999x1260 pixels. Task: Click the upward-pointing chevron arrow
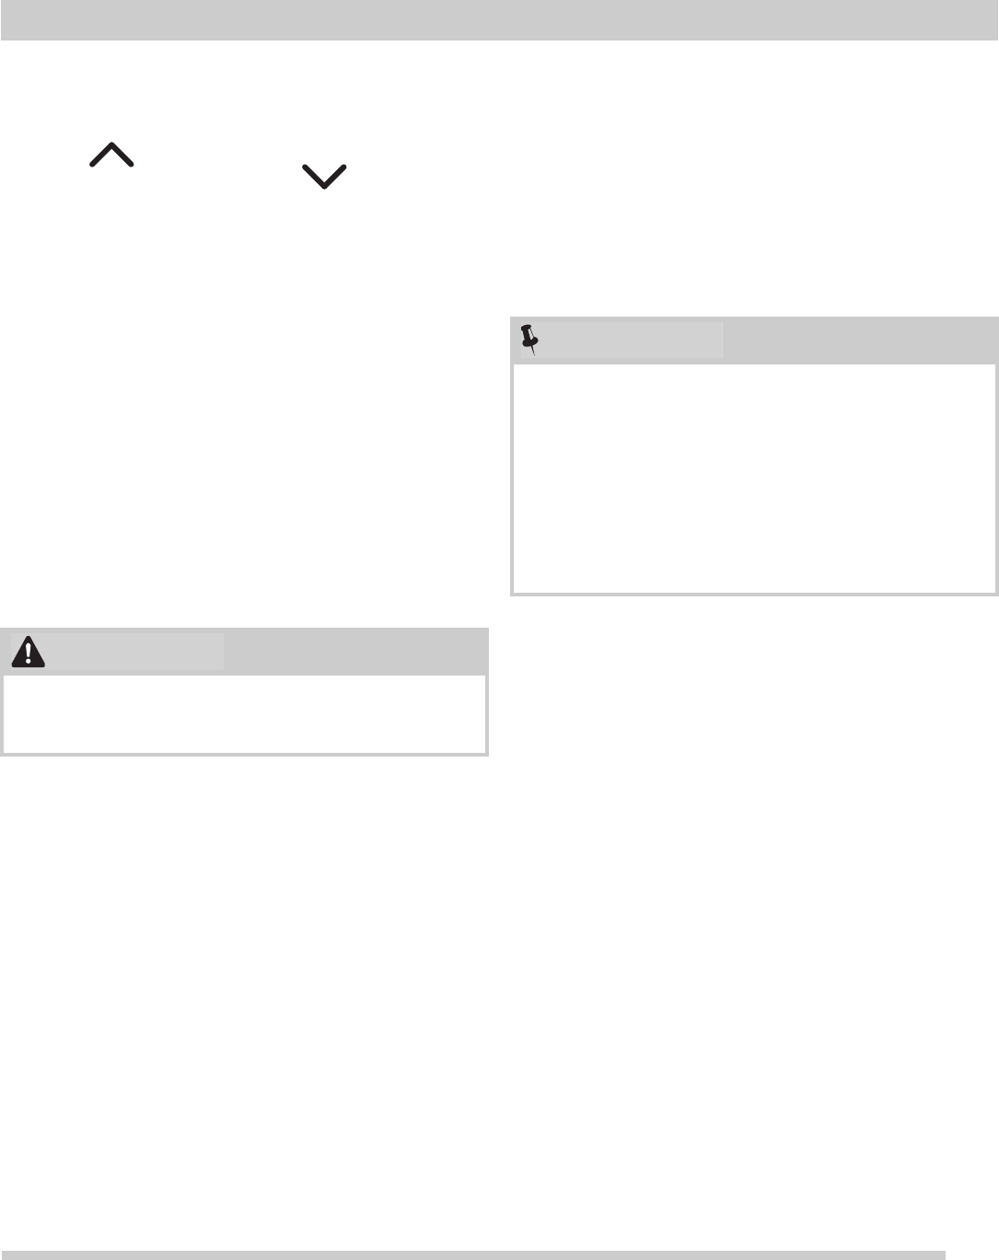tap(111, 155)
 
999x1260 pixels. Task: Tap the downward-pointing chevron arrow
tap(324, 177)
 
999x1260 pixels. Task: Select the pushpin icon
tap(529, 340)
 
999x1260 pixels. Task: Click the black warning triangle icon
tap(29, 652)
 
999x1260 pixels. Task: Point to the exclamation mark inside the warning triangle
tap(29, 653)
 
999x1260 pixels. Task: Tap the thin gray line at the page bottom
tap(473, 1254)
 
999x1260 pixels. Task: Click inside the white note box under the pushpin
tap(754, 478)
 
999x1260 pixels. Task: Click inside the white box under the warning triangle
tap(244, 713)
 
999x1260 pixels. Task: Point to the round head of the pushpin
tap(528, 331)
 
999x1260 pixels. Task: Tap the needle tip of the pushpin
tap(534, 355)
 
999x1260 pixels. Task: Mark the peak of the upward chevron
tap(111, 145)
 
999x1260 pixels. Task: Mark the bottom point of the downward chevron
tap(324, 187)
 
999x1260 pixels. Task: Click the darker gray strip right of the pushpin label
tap(859, 340)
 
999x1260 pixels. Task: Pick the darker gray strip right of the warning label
tap(355, 652)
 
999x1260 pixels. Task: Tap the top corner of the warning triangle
tap(29, 638)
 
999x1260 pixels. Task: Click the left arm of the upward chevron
tap(100, 156)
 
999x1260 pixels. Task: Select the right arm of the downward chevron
tap(335, 176)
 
